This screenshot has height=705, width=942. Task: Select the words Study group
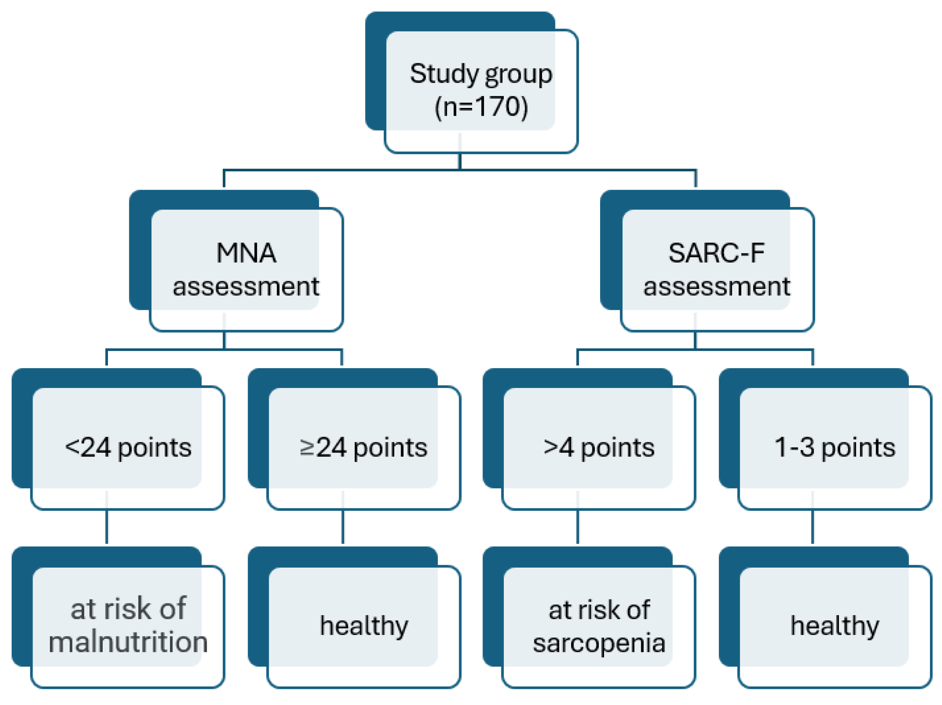[x=481, y=74]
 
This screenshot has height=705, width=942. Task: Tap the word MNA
[x=246, y=253]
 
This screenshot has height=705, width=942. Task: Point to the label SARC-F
[x=716, y=253]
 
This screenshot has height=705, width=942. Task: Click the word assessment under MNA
[x=246, y=286]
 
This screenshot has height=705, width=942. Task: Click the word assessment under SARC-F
[x=717, y=286]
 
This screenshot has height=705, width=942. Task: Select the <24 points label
[x=128, y=448]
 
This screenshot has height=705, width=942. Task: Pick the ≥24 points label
[x=363, y=448]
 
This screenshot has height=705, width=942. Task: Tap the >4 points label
[x=599, y=448]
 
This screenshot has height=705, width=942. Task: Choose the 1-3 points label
[x=835, y=448]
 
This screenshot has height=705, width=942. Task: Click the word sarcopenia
[x=599, y=643]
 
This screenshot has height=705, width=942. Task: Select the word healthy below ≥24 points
[x=364, y=626]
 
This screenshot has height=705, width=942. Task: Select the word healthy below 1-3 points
[x=835, y=626]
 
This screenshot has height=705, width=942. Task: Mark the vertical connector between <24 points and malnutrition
[x=106, y=527]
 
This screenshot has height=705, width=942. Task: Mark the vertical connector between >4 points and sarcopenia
[x=578, y=527]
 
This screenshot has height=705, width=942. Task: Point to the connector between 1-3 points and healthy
[x=813, y=527]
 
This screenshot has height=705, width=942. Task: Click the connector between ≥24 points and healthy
[x=342, y=527]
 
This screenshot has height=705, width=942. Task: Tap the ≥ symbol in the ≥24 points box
[x=306, y=448]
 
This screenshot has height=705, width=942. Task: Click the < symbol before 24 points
[x=72, y=447]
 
